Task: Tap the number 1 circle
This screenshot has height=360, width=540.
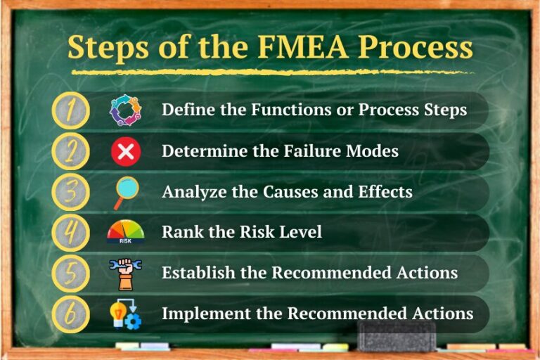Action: (71, 110)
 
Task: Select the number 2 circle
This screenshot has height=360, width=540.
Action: (71, 151)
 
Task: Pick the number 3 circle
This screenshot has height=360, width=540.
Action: (71, 192)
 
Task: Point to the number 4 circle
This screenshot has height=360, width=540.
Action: (71, 232)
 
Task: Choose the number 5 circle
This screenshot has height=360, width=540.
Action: (71, 273)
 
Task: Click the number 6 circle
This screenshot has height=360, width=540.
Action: (71, 314)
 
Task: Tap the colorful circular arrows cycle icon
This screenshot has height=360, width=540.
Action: (125, 110)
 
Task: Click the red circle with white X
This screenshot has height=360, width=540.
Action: (126, 151)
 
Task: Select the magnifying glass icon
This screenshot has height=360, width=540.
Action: (126, 192)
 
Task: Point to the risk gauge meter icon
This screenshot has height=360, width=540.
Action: (125, 232)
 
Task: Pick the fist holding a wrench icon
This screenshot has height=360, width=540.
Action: (126, 273)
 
